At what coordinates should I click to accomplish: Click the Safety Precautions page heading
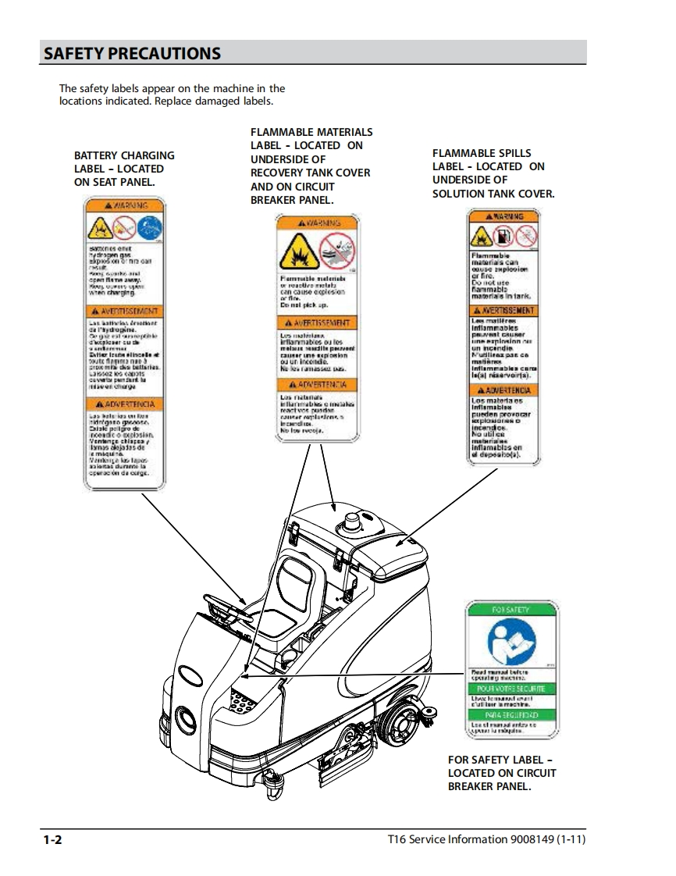coord(132,54)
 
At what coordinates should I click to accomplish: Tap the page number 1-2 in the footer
coord(52,840)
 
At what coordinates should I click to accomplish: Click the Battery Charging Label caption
coord(124,169)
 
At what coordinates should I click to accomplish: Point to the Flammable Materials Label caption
coord(311,166)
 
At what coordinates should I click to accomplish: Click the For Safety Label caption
coord(502,773)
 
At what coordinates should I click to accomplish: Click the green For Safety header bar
coord(511,609)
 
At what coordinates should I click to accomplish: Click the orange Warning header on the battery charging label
coord(125,206)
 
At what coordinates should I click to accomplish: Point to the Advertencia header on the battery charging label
coord(125,404)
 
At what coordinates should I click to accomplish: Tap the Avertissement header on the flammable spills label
coord(503,311)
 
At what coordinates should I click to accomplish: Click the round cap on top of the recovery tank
coord(349,525)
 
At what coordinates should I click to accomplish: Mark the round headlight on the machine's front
coord(184,714)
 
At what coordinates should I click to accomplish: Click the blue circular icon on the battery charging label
coord(149,229)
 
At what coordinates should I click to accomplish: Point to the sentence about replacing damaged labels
coord(166,101)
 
